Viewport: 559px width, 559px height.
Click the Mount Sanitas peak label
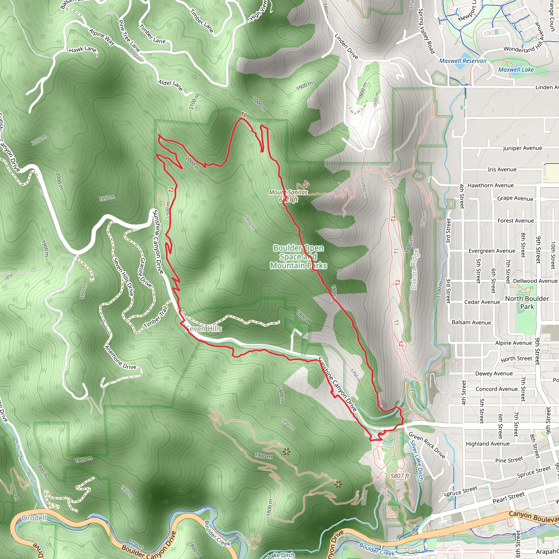click(x=289, y=196)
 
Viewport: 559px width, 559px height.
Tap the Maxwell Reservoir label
click(x=463, y=61)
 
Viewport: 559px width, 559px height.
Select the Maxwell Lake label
click(x=516, y=69)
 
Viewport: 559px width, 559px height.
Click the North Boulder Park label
click(x=527, y=302)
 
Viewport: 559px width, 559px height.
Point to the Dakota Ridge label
click(x=415, y=269)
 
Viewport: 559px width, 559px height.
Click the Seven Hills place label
click(x=204, y=329)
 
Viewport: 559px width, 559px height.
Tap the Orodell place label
click(x=34, y=518)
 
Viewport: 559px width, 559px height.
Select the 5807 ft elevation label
click(x=400, y=476)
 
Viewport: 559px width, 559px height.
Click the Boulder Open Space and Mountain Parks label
click(x=299, y=257)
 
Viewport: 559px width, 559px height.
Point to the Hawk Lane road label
click(x=83, y=50)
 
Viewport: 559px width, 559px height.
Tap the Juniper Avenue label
click(x=522, y=148)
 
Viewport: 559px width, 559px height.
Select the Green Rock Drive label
click(x=427, y=445)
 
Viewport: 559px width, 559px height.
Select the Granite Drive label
click(x=146, y=272)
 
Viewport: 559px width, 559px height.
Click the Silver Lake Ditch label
click(x=417, y=460)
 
